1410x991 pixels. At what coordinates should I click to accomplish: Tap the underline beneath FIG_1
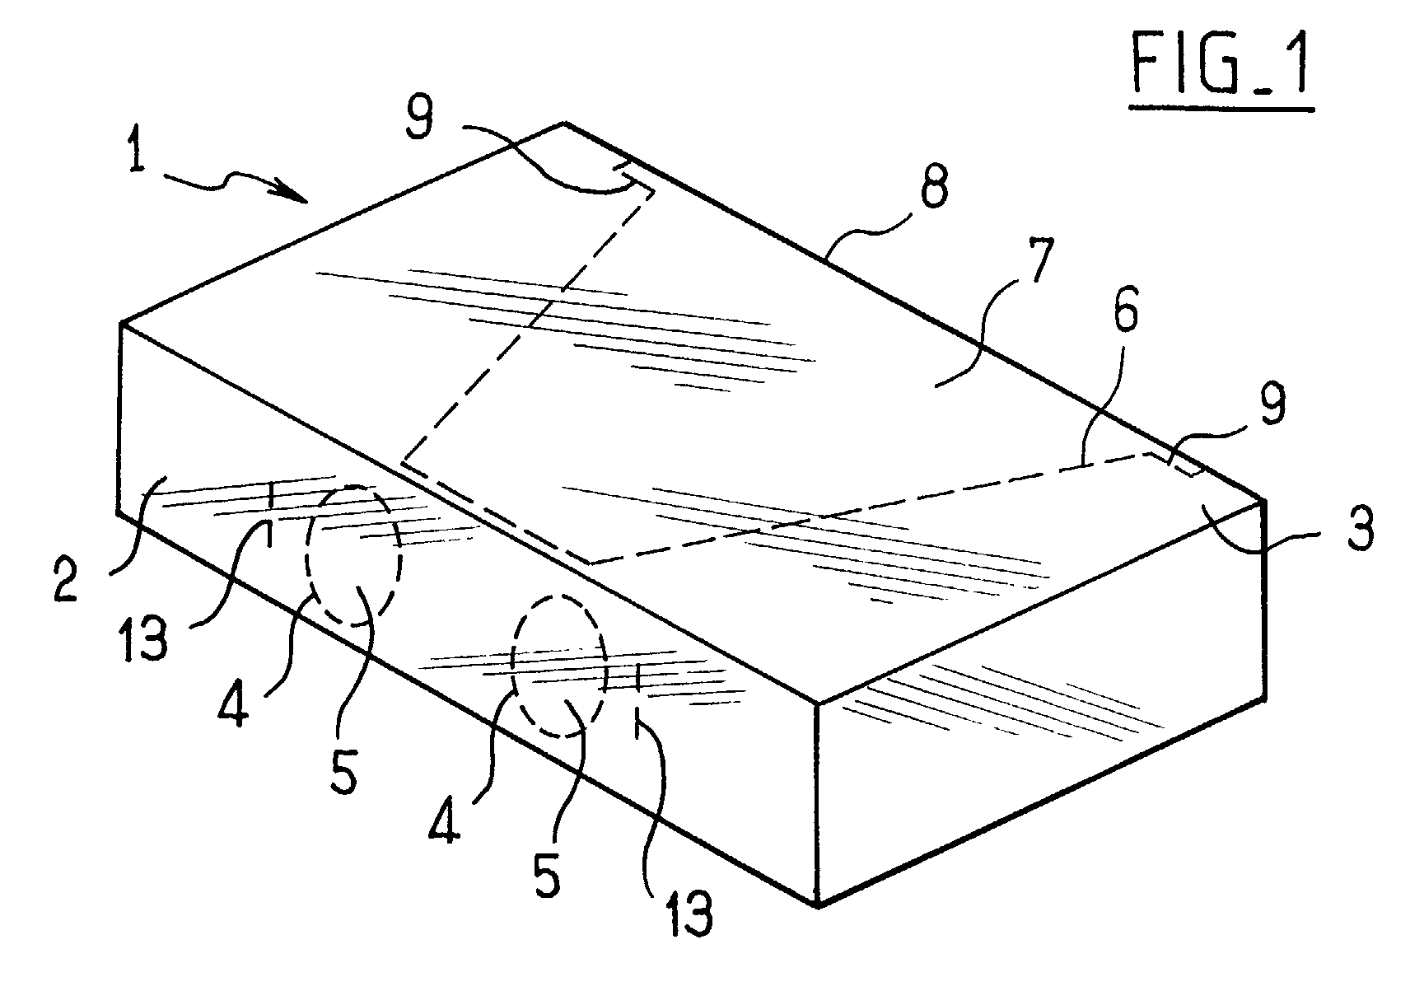coord(1221,106)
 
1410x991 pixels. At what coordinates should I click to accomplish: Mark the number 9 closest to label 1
coord(419,121)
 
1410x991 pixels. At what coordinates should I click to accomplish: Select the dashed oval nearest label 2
coord(354,555)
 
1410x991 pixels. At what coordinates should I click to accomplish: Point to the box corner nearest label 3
coord(1263,500)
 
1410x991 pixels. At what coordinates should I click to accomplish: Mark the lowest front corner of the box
coord(817,905)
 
